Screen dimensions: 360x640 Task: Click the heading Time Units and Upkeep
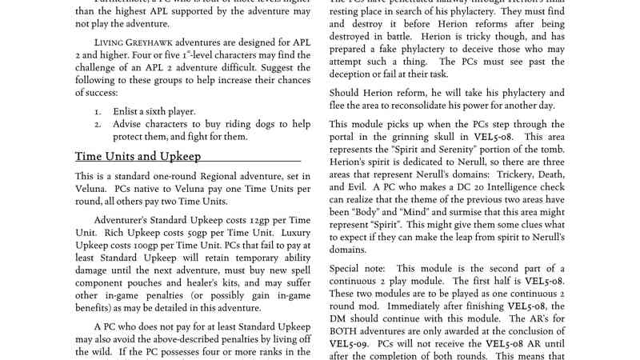(138, 156)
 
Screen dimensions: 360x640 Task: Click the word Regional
(218, 175)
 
